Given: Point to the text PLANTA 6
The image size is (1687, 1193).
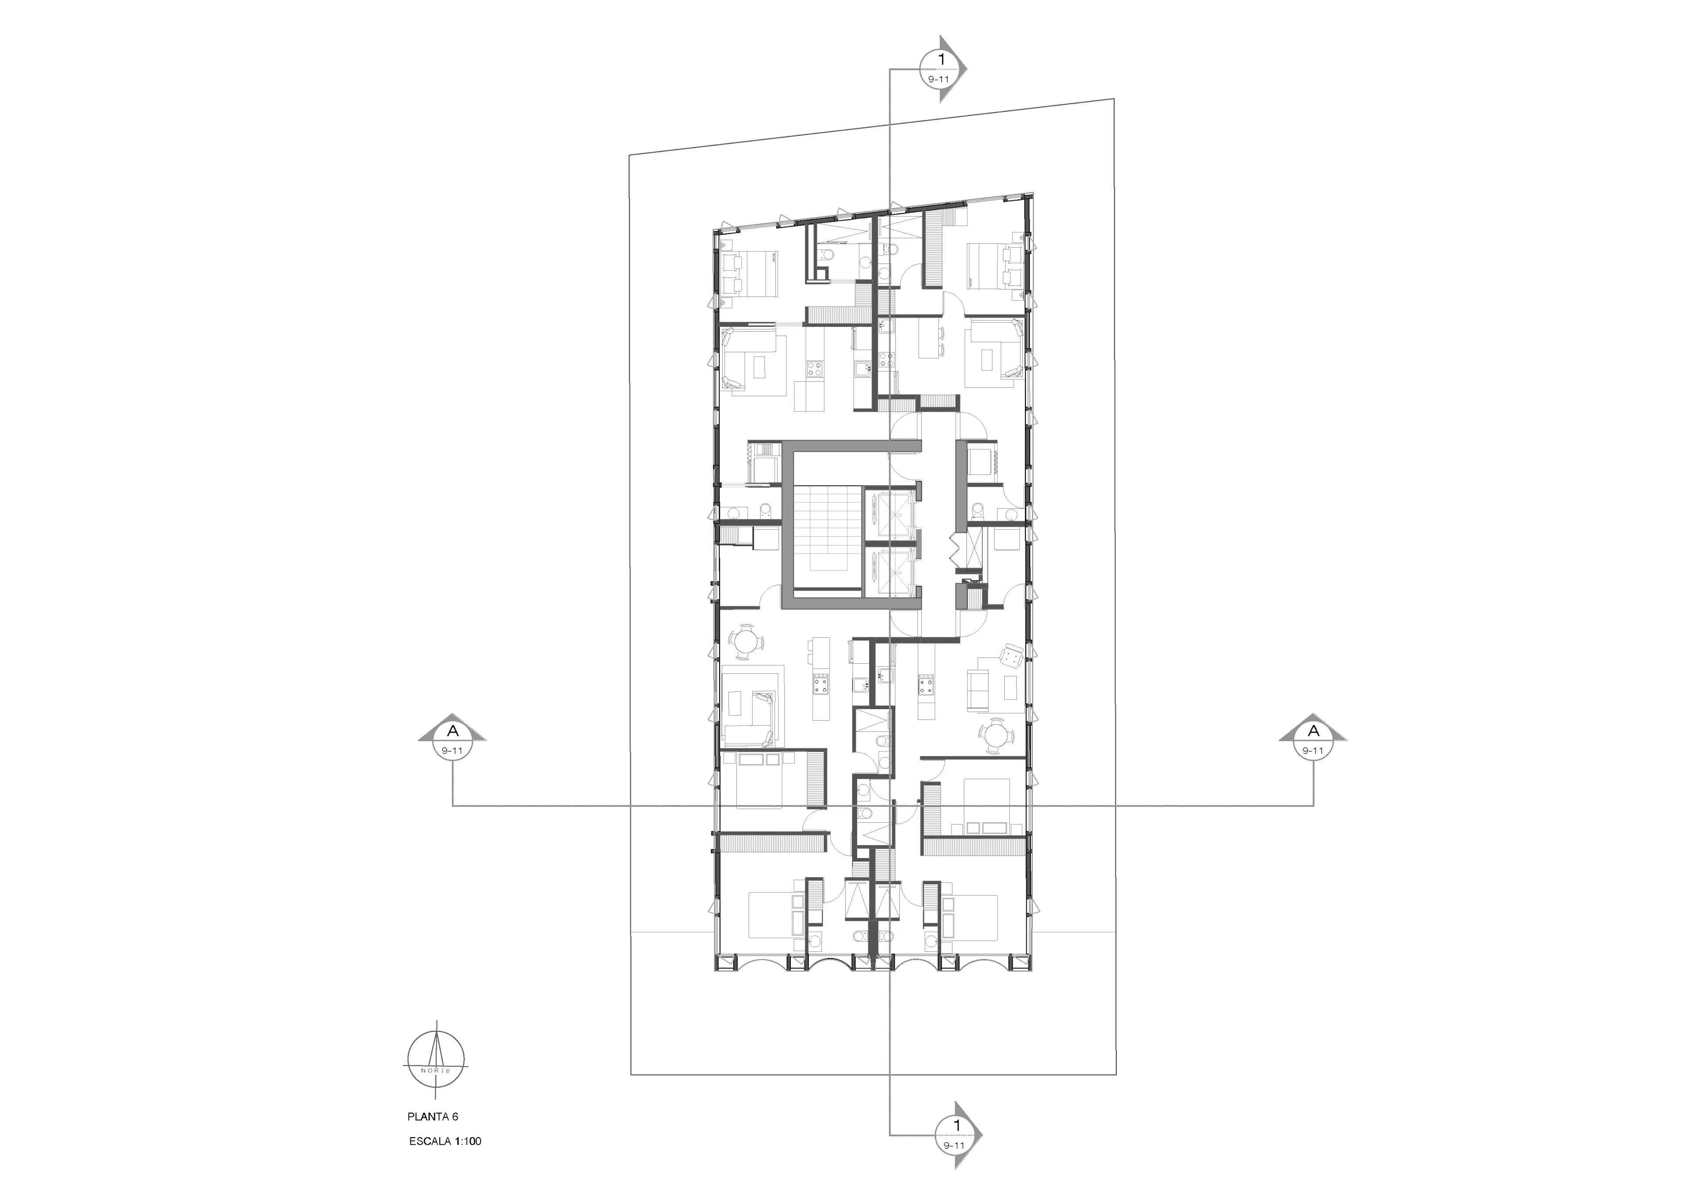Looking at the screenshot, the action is tap(433, 1117).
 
